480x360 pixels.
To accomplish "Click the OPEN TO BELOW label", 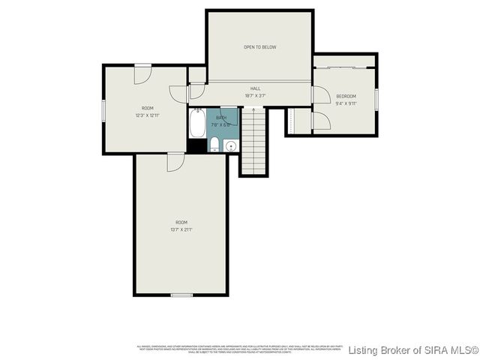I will tap(259, 47).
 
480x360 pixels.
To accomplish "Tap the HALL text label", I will tap(256, 88).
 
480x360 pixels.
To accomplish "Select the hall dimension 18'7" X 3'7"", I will tap(256, 96).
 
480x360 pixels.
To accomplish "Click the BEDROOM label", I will tap(345, 96).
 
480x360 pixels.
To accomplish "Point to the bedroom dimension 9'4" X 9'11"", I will tap(345, 103).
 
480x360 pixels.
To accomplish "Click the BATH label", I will tap(221, 118).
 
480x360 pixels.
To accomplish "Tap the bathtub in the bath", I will tap(197, 124).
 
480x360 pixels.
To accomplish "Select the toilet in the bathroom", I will tap(214, 144).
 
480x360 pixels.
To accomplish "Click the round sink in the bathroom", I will tap(230, 145).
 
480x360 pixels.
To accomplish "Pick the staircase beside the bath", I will tap(253, 142).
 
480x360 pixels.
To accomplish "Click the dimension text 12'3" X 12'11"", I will tap(147, 115).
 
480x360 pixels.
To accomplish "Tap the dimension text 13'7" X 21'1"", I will tap(181, 229).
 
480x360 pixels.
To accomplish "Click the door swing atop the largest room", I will tap(175, 162).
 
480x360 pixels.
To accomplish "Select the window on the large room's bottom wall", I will tap(181, 295).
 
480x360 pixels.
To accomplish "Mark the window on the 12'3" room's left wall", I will tap(103, 109).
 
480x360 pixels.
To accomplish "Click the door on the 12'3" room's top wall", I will tap(142, 73).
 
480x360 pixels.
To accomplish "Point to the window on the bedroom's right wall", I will tap(376, 98).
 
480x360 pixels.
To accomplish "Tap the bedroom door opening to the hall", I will tap(319, 95).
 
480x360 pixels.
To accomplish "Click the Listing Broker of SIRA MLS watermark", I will tap(413, 350).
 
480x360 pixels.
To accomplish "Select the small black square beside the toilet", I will tap(196, 146).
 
